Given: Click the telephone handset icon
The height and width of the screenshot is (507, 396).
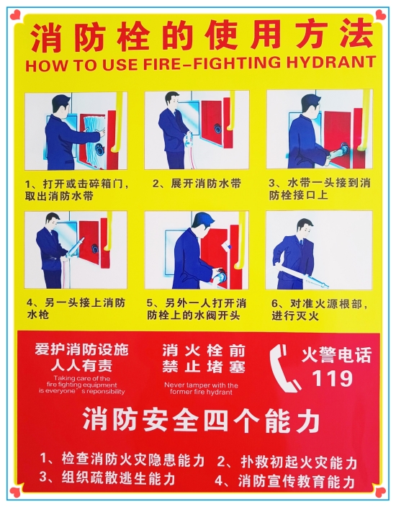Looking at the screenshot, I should pyautogui.click(x=283, y=368).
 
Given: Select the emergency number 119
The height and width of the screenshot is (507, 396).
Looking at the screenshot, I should pyautogui.click(x=332, y=377).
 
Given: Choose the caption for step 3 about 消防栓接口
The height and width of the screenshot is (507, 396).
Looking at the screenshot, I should pyautogui.click(x=319, y=189).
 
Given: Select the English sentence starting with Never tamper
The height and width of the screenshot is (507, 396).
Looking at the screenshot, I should pyautogui.click(x=196, y=389).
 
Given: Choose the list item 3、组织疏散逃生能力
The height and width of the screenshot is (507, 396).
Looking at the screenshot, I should pyautogui.click(x=107, y=477).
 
